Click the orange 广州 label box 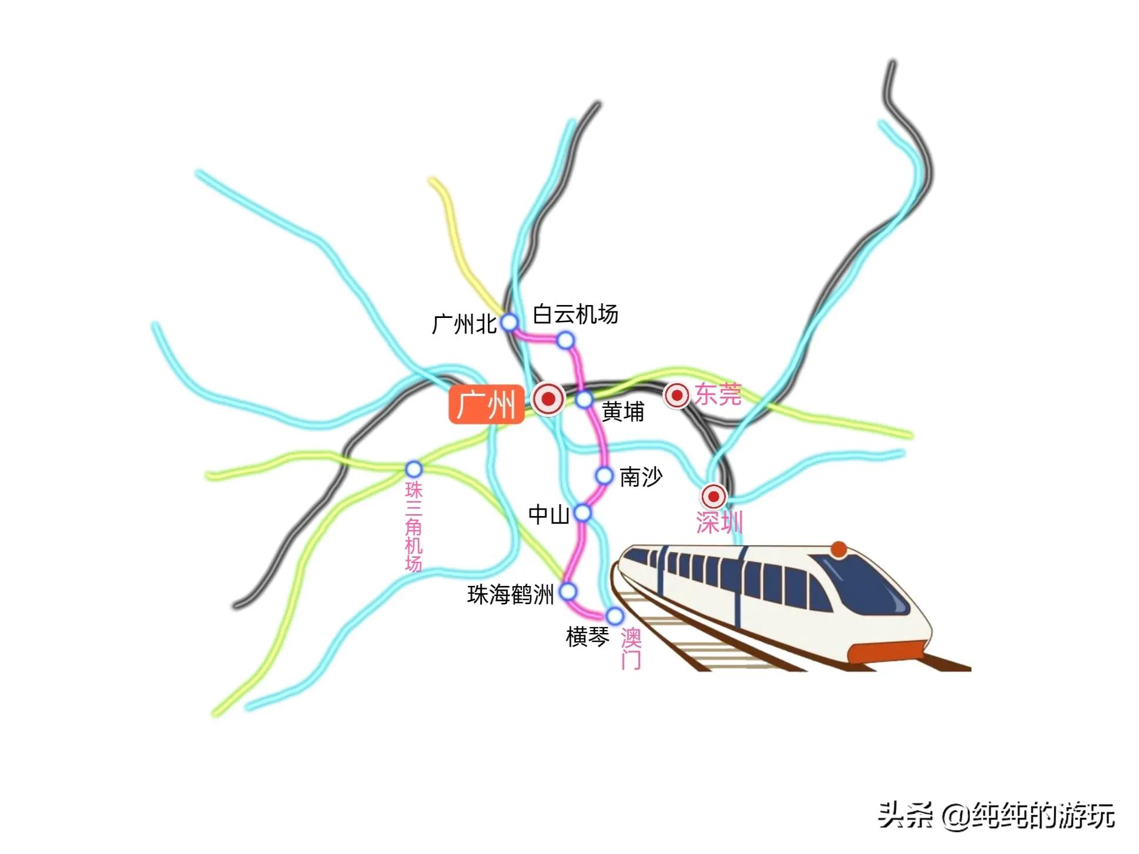click(x=486, y=404)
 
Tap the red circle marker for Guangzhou click(x=548, y=399)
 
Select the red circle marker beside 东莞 click(x=676, y=396)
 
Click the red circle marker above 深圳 click(x=713, y=497)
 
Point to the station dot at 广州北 click(x=509, y=322)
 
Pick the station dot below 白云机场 click(x=565, y=340)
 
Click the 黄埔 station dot click(x=584, y=400)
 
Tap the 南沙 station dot click(x=604, y=475)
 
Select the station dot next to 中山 click(x=582, y=513)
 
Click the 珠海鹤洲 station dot click(x=568, y=591)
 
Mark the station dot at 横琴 click(x=615, y=616)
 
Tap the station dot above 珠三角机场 click(x=414, y=469)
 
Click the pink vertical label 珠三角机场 click(x=414, y=527)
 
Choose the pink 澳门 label click(x=631, y=649)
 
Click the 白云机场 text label click(x=575, y=314)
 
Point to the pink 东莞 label click(x=718, y=394)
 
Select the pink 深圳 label click(x=719, y=523)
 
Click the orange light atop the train click(x=839, y=550)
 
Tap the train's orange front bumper click(x=888, y=652)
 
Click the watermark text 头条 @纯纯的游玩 click(x=996, y=816)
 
